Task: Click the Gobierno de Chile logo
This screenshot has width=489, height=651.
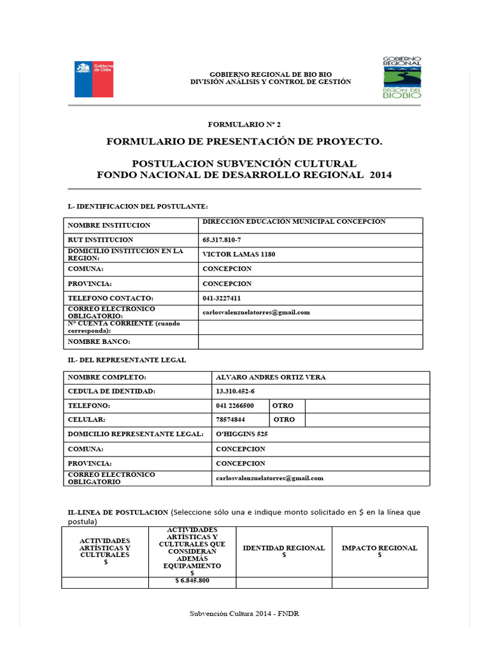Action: (x=94, y=79)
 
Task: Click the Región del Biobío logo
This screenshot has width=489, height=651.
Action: (x=401, y=77)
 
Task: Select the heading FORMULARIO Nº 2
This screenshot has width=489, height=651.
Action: (x=244, y=125)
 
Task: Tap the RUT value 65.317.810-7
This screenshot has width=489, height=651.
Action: (x=222, y=240)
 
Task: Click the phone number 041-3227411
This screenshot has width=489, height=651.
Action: (x=222, y=298)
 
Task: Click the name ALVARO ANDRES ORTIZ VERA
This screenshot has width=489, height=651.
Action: (x=271, y=378)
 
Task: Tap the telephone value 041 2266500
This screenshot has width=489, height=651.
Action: (x=235, y=406)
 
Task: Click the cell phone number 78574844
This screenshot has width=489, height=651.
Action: (x=230, y=420)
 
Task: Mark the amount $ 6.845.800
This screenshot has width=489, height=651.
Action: (x=192, y=581)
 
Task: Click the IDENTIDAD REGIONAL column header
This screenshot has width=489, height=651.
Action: (x=284, y=551)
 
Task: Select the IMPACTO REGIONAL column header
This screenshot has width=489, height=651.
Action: (x=379, y=551)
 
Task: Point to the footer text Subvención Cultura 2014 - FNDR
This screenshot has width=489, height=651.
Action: (x=244, y=613)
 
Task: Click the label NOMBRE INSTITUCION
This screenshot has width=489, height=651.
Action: (x=110, y=226)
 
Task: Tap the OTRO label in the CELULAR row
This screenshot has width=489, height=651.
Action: (x=284, y=420)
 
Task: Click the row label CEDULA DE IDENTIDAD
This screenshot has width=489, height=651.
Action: (x=111, y=391)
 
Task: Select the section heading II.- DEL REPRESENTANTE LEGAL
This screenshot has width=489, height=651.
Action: (x=127, y=360)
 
